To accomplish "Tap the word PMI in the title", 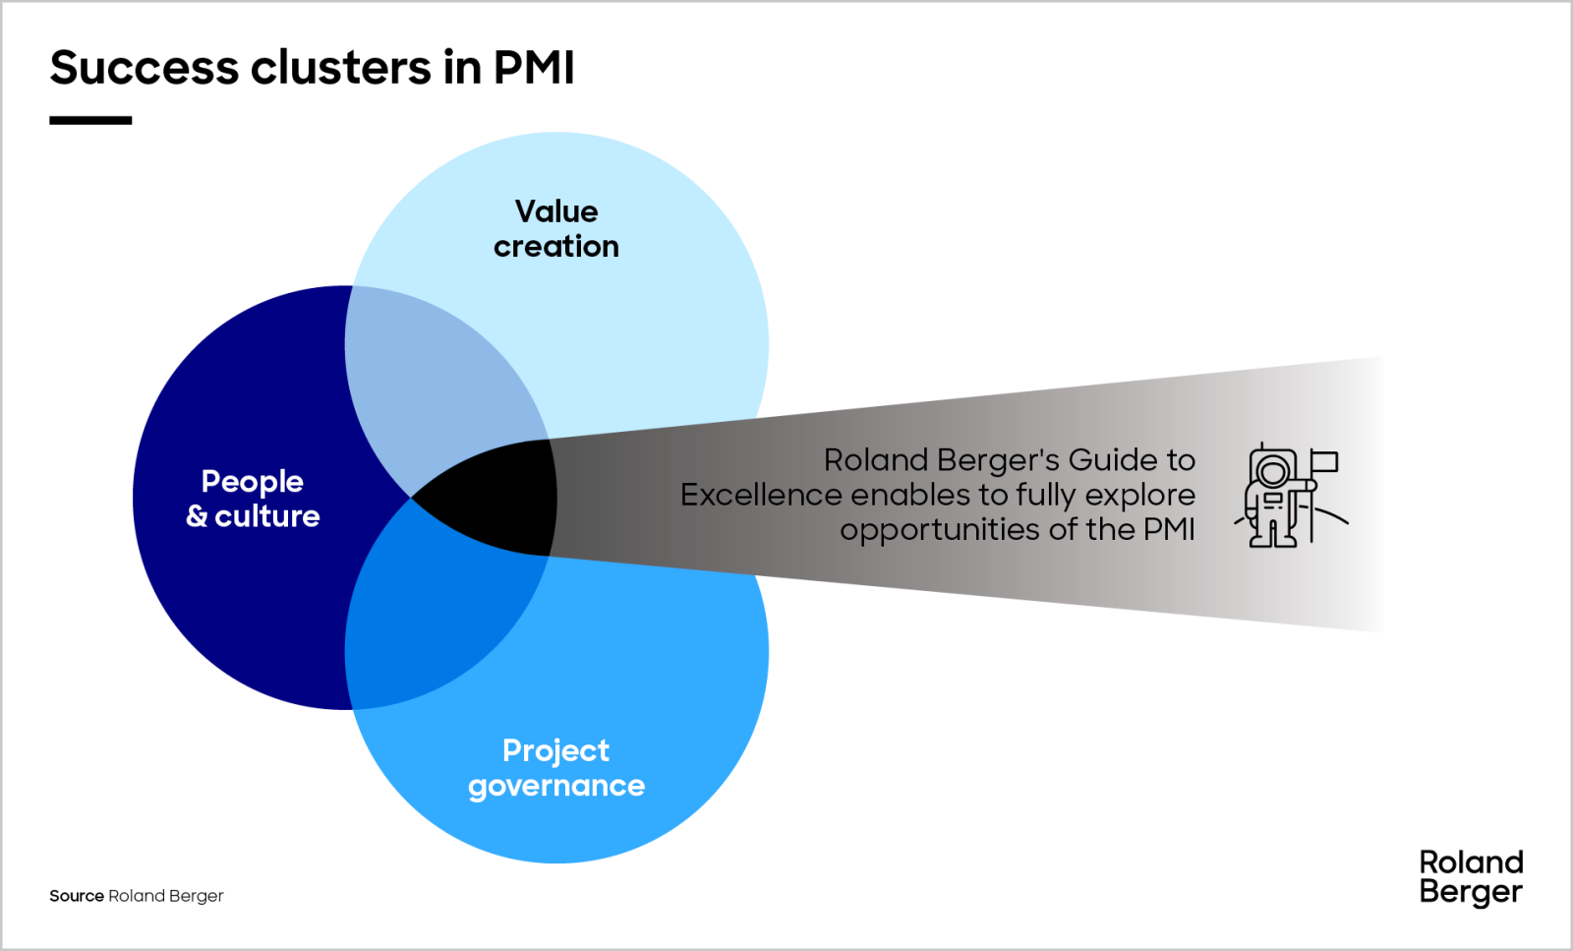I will (533, 68).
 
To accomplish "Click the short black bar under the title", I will (90, 120).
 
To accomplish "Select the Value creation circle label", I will (556, 228).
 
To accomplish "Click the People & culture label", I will (253, 499).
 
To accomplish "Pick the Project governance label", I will (556, 768).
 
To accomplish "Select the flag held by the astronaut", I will (1324, 461).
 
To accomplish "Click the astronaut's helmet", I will (1273, 471).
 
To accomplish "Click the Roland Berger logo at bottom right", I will (1471, 877).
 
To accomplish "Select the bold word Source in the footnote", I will (77, 896).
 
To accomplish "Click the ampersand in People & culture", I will (197, 516).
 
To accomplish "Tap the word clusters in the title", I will (340, 68).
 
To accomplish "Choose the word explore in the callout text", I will (1140, 495).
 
